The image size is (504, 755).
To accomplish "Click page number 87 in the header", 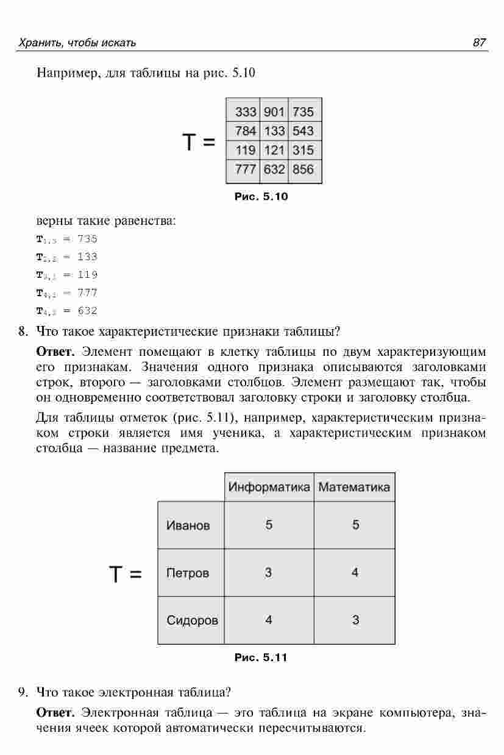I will tap(479, 43).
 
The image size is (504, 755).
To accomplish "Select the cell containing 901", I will tap(274, 112).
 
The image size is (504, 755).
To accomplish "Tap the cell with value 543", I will tap(303, 131).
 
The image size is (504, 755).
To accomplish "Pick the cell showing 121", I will tap(274, 150).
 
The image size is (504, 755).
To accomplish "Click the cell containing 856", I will tap(303, 169).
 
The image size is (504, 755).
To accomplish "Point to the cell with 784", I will tap(246, 131).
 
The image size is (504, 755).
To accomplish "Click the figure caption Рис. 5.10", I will tap(261, 197).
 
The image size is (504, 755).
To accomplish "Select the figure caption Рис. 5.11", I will tap(261, 658).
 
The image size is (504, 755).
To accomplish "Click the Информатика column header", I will tap(269, 487).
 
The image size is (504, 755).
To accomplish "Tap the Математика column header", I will tap(354, 487).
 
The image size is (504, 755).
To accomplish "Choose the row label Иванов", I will tap(188, 525).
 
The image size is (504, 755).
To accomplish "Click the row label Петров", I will tap(187, 573).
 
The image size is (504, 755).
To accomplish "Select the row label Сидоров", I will tap(192, 620).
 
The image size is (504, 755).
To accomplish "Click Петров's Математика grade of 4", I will tap(355, 573).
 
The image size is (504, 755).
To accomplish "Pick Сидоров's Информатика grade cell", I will tap(269, 620).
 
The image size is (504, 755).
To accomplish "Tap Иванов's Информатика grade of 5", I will tap(269, 525).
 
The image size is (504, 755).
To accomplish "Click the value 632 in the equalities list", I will tap(87, 311).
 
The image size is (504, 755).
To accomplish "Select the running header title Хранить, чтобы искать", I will tap(77, 43).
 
